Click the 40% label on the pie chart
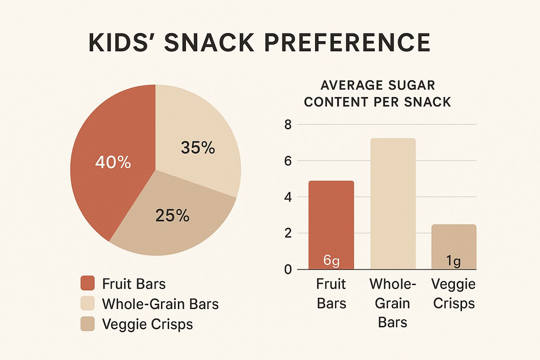tap(113, 162)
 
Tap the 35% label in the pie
tap(198, 148)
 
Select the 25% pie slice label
tap(172, 216)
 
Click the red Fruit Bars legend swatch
tap(88, 283)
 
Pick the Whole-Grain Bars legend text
tap(160, 304)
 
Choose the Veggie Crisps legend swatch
tap(88, 324)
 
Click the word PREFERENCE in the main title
tap(347, 43)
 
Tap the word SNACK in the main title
tap(209, 43)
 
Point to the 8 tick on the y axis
tap(288, 125)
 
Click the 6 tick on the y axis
tap(288, 161)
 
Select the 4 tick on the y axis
tap(288, 197)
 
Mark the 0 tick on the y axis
tap(288, 270)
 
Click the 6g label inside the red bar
tap(331, 261)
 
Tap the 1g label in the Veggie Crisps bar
tap(453, 261)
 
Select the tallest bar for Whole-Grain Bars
tap(393, 204)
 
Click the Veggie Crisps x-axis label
tap(454, 294)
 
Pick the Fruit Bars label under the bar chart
tap(331, 294)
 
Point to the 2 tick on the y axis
tap(288, 233)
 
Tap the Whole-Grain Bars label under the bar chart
tap(392, 303)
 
